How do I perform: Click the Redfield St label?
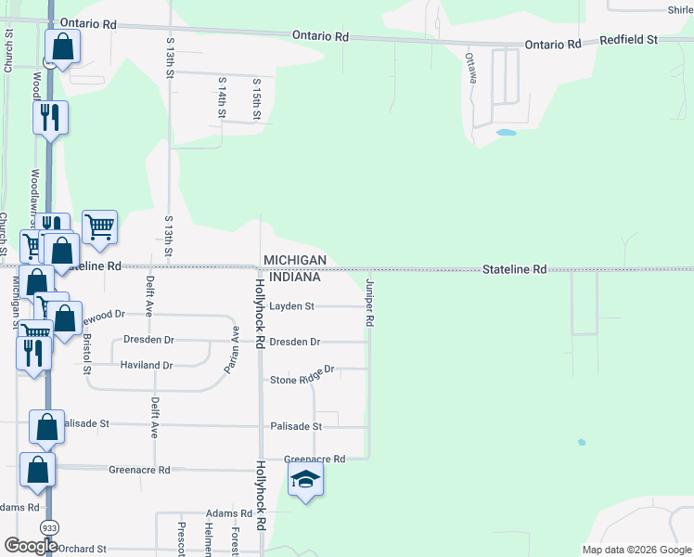click(628, 40)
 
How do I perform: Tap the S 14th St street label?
click(223, 97)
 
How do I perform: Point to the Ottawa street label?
click(471, 67)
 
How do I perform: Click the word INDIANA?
click(292, 277)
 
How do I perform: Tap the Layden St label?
click(292, 305)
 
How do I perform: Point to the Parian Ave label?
click(231, 349)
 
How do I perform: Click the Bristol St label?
click(88, 348)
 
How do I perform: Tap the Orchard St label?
click(84, 549)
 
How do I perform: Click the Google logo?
click(31, 545)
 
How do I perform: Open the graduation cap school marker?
click(305, 479)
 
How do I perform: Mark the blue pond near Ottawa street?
click(506, 133)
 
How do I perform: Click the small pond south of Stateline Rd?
click(581, 442)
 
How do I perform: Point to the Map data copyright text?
click(637, 550)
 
